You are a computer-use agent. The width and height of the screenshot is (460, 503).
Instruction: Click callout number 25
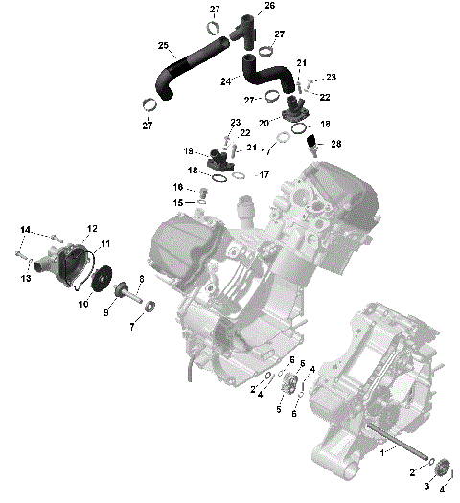pyautogui.click(x=163, y=46)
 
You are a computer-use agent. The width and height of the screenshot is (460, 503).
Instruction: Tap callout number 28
pyautogui.click(x=335, y=144)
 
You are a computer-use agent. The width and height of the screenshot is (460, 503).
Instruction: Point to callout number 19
pyautogui.click(x=189, y=151)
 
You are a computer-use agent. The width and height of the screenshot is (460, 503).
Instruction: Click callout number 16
pyautogui.click(x=178, y=186)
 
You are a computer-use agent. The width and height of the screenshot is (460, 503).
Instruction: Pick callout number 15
pyautogui.click(x=178, y=203)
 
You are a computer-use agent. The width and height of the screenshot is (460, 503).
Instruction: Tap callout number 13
pyautogui.click(x=27, y=278)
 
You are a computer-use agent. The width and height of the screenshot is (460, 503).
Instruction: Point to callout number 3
pyautogui.click(x=427, y=487)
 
